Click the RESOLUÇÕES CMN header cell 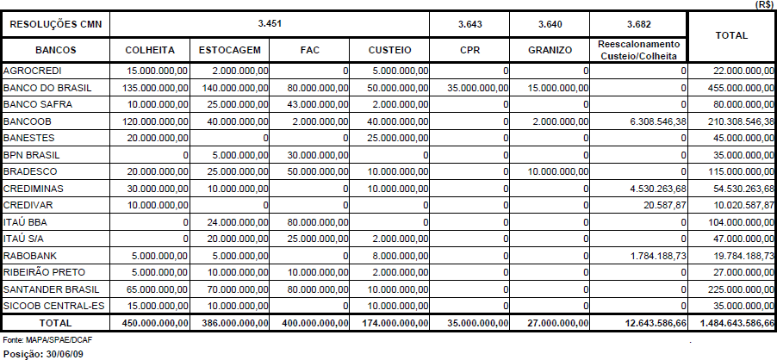pyautogui.click(x=54, y=23)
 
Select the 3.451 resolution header pyautogui.click(x=270, y=23)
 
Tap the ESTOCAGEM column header pyautogui.click(x=229, y=50)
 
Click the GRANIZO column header pyautogui.click(x=549, y=50)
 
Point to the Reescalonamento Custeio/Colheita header pyautogui.click(x=638, y=50)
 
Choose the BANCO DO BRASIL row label pyautogui.click(x=47, y=88)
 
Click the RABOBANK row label pyautogui.click(x=31, y=256)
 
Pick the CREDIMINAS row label pyautogui.click(x=34, y=189)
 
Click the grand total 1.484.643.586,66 pyautogui.click(x=731, y=322)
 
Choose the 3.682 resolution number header pyautogui.click(x=638, y=23)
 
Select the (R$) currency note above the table pyautogui.click(x=763, y=4)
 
